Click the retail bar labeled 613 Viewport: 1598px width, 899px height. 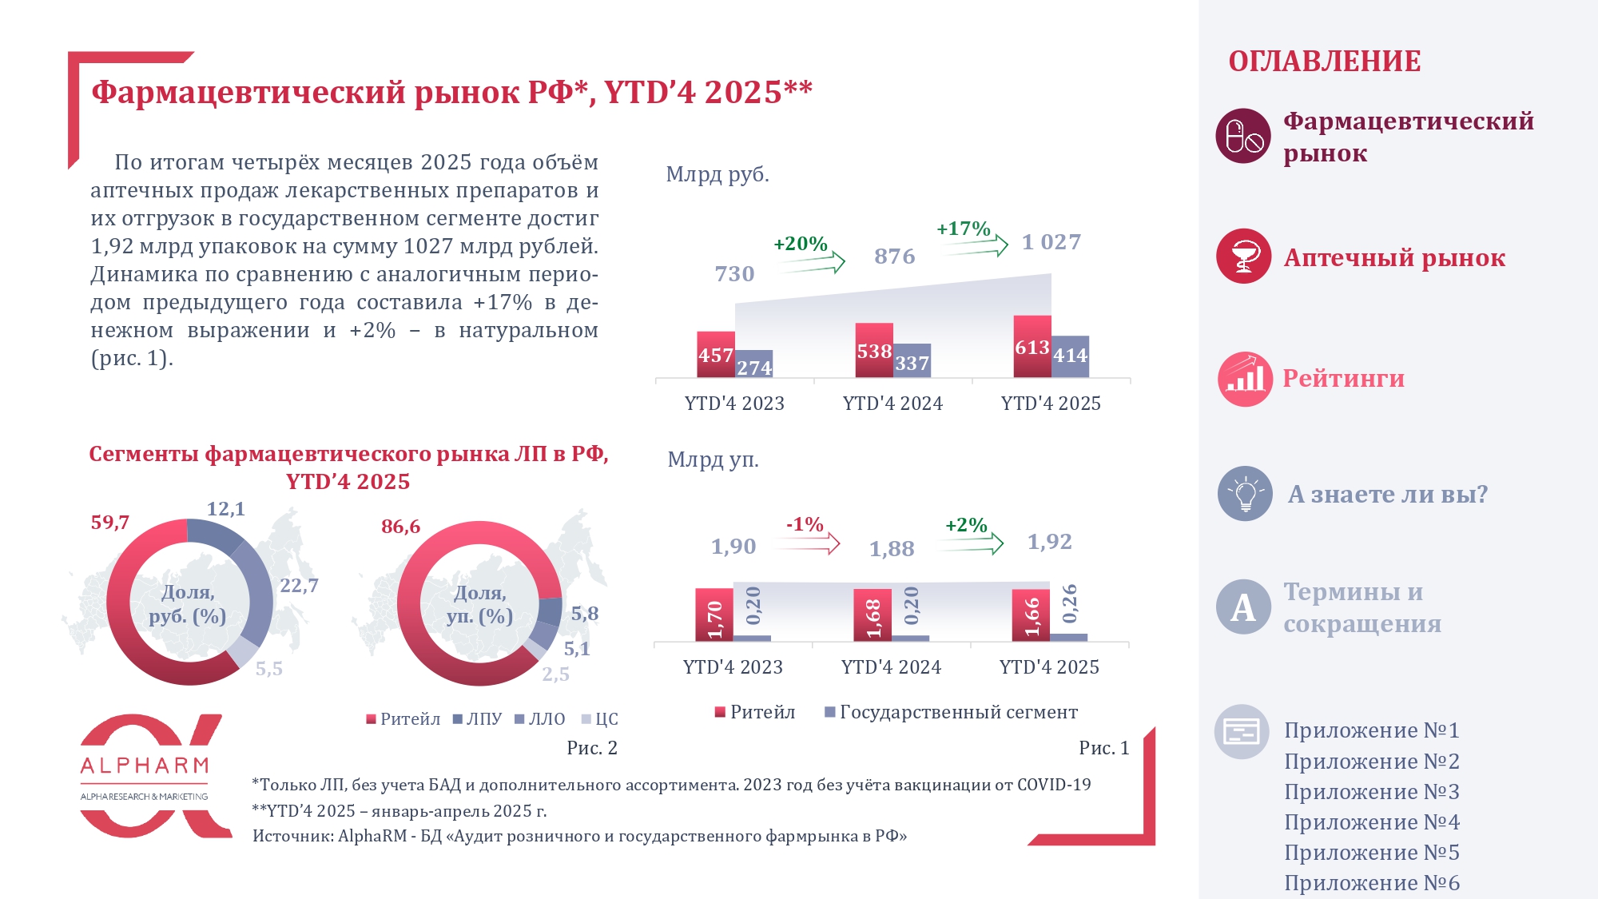(x=1032, y=347)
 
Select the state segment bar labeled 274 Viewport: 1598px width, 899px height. (x=753, y=364)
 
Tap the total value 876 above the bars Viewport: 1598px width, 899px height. (x=894, y=257)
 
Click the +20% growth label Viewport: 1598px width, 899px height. (x=800, y=244)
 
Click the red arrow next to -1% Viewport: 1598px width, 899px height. (x=809, y=545)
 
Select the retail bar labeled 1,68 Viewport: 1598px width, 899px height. (x=872, y=615)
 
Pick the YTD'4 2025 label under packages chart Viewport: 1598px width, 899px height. (x=1049, y=667)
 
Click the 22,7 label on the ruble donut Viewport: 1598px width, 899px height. (x=299, y=586)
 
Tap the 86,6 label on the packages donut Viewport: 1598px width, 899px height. (x=400, y=527)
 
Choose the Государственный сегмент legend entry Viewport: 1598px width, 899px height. (x=951, y=712)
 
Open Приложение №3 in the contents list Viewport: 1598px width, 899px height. (x=1371, y=792)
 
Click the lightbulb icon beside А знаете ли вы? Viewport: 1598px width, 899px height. (x=1244, y=494)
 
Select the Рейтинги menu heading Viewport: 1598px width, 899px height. (x=1343, y=379)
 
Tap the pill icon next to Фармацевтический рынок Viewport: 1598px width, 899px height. (x=1243, y=136)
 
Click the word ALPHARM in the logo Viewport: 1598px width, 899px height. (x=145, y=766)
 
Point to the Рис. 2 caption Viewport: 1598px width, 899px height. (x=591, y=748)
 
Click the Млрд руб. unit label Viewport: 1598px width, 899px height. (x=718, y=174)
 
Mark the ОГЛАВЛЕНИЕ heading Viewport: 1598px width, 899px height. (x=1324, y=62)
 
